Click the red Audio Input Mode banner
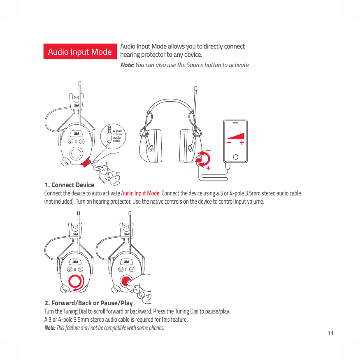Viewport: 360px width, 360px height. coord(80,52)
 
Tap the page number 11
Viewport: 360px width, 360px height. coord(330,333)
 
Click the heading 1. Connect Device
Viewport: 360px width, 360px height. coord(69,185)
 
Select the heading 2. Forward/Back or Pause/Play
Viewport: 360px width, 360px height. coord(88,303)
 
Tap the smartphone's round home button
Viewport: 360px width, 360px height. coord(235,156)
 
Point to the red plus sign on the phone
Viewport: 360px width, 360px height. coord(242,143)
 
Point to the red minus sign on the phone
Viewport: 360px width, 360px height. coord(229,143)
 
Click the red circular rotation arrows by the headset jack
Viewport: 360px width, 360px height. coord(204,159)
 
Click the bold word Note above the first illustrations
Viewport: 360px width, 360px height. coord(126,65)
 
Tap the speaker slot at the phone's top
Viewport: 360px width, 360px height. coord(235,123)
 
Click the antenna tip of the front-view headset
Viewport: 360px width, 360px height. coord(196,88)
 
